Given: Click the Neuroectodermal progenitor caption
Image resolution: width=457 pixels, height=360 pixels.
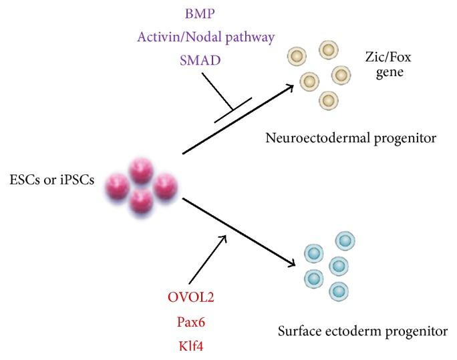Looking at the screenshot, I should (x=350, y=139).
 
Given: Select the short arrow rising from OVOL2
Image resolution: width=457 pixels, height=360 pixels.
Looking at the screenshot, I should (x=208, y=260).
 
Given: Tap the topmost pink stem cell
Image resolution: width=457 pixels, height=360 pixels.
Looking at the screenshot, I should (x=140, y=167).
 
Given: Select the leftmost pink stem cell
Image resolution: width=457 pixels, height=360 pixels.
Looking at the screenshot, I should (x=120, y=185).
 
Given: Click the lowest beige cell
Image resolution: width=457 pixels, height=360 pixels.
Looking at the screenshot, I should (x=328, y=100).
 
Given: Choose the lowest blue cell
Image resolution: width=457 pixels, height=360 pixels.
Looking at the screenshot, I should (x=339, y=291).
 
